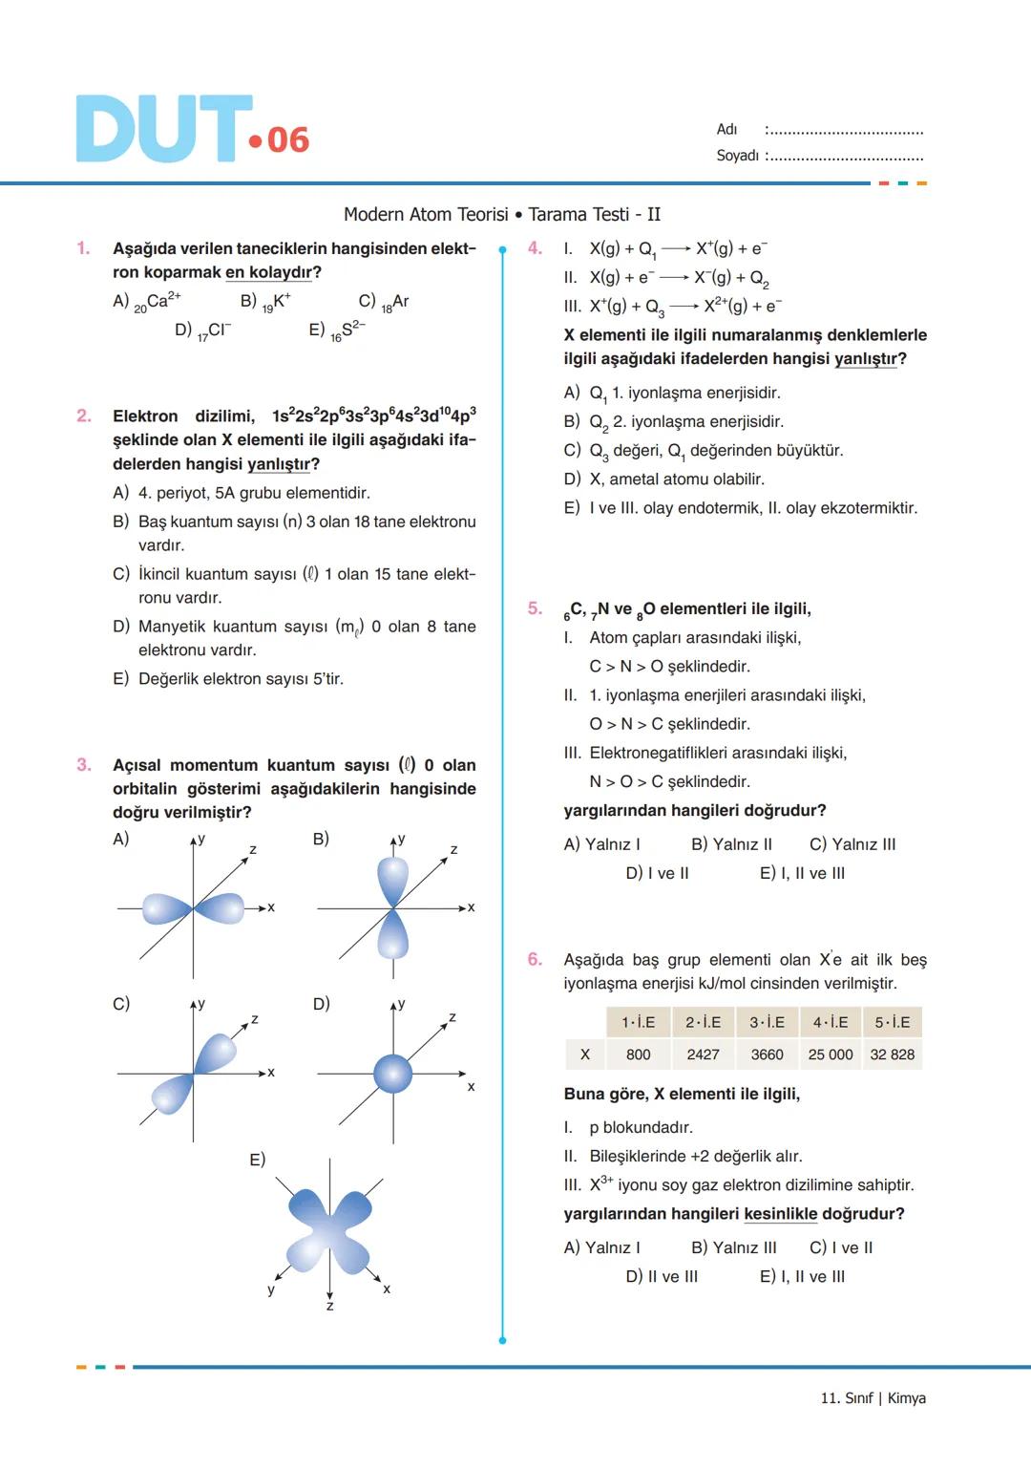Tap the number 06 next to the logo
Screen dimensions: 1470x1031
pos(287,140)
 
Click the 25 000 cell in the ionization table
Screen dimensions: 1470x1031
pos(831,1055)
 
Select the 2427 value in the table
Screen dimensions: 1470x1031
pos(703,1055)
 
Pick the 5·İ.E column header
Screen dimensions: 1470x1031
pos(893,1022)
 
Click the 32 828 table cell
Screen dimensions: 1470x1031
pos(893,1055)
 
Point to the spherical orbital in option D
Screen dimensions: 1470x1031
pos(392,1074)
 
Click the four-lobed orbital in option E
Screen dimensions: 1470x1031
pos(329,1225)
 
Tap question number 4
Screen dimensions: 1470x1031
pos(535,248)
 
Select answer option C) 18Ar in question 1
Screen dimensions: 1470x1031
pos(384,302)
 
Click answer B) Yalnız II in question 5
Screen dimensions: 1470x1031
pos(731,844)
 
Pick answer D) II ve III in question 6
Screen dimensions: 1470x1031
pos(662,1277)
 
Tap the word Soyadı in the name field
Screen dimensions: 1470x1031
pos(737,156)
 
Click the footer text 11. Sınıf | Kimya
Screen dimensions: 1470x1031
pos(873,1398)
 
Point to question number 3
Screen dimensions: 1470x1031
pos(84,765)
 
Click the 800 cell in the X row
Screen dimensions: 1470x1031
pos(639,1055)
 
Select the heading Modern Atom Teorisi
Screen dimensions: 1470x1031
pos(426,215)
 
